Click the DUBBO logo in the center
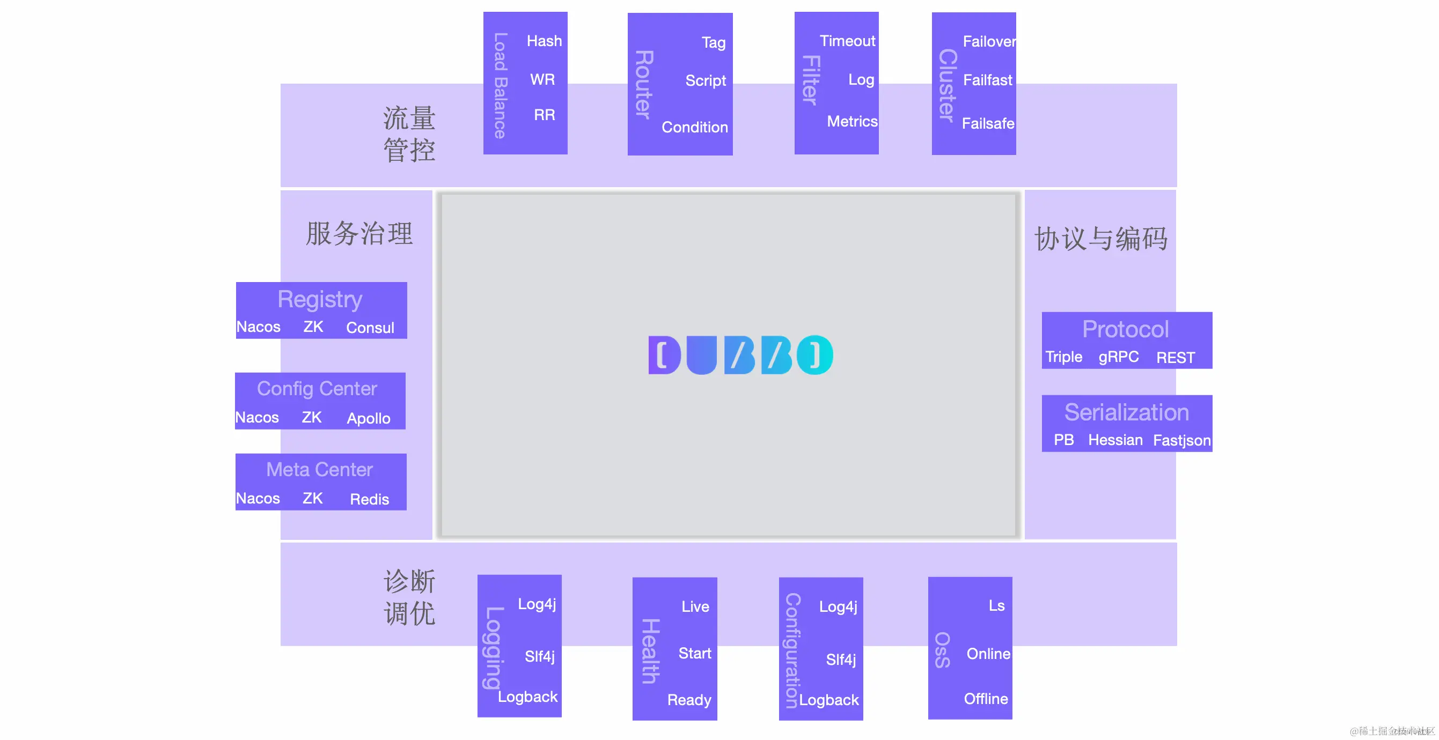coord(740,354)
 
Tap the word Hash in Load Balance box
coord(544,41)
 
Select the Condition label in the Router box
coord(694,127)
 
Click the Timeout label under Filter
coord(847,41)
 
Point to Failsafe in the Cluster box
coord(988,123)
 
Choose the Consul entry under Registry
coord(370,328)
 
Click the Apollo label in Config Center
coord(368,418)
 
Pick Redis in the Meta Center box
coord(369,499)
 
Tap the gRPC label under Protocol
coord(1118,357)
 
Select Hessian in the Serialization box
coord(1115,440)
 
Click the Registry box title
coord(320,299)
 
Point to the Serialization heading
coord(1126,412)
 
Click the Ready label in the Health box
coord(689,700)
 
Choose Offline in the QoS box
coord(986,699)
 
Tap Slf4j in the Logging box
coord(539,656)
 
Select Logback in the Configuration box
coord(828,700)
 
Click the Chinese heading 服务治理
coord(359,233)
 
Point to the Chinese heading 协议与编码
coord(1100,239)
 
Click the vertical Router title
coord(643,84)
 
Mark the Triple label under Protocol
coord(1063,357)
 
